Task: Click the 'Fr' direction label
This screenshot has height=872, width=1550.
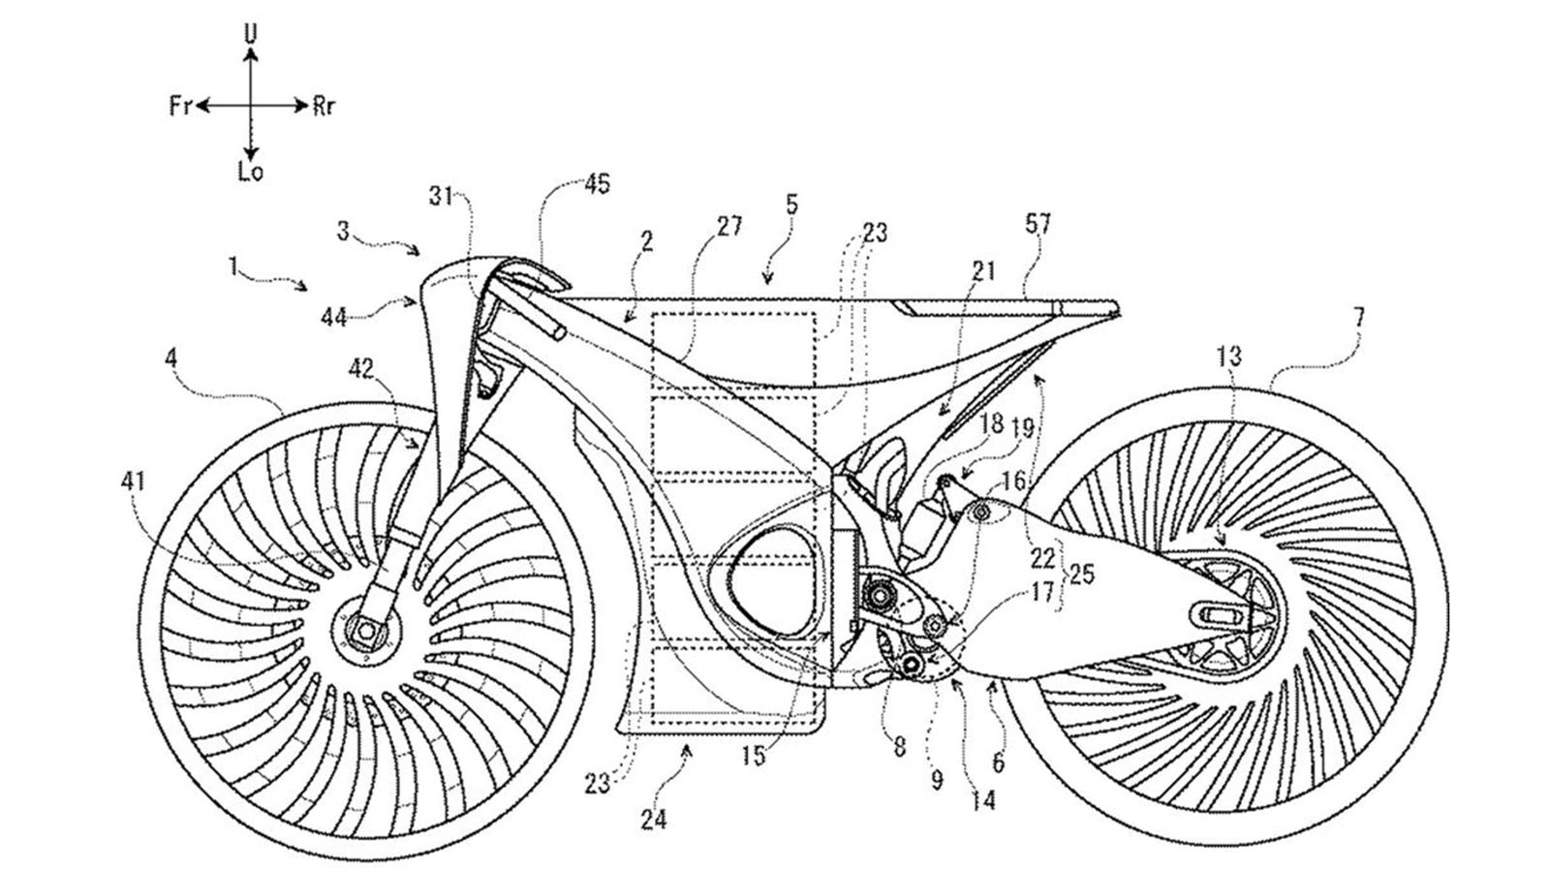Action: coord(179,107)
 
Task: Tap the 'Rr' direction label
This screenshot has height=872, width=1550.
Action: coord(324,107)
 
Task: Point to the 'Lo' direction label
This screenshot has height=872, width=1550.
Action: coord(251,173)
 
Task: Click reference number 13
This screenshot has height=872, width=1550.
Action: coord(1229,357)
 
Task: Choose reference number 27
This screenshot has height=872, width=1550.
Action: coord(729,227)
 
